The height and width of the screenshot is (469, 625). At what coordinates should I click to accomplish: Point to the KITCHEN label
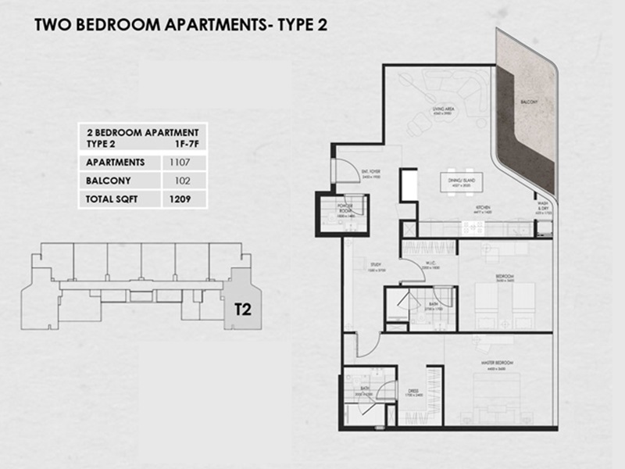pos(484,207)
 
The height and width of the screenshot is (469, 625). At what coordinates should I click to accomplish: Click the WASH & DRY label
pos(544,209)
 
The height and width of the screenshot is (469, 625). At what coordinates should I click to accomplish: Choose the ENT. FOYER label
pos(370,176)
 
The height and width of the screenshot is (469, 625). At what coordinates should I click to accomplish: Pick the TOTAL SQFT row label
pos(112,199)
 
